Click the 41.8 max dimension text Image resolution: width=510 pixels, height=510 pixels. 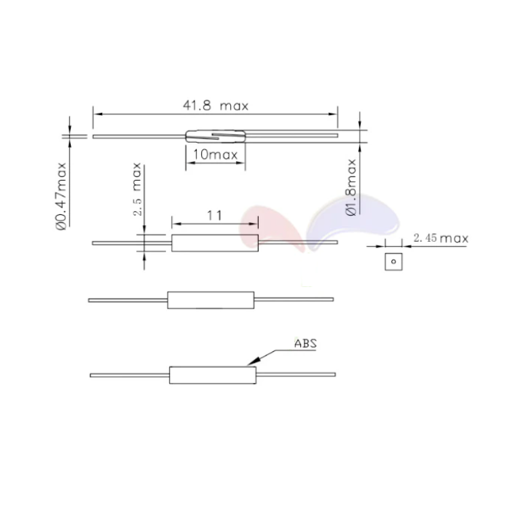point(216,106)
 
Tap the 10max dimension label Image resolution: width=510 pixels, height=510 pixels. point(215,154)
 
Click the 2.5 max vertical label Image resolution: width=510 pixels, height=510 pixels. point(138,192)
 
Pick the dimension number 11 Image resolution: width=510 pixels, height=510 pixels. point(213,216)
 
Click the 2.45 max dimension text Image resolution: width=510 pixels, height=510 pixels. point(440,238)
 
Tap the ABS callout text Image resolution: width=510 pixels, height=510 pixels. point(305,342)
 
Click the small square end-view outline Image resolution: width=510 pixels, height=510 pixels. point(393,260)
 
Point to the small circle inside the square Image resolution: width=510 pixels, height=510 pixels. point(393,260)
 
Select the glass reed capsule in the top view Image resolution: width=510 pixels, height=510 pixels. point(215,136)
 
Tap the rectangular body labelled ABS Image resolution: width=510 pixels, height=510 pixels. point(213,375)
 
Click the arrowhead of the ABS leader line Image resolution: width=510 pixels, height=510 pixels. point(251,362)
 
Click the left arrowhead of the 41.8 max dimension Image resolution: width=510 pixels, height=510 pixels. point(97,113)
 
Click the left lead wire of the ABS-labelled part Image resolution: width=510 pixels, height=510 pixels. point(130,375)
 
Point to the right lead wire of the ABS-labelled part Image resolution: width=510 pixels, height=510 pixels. point(297,375)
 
